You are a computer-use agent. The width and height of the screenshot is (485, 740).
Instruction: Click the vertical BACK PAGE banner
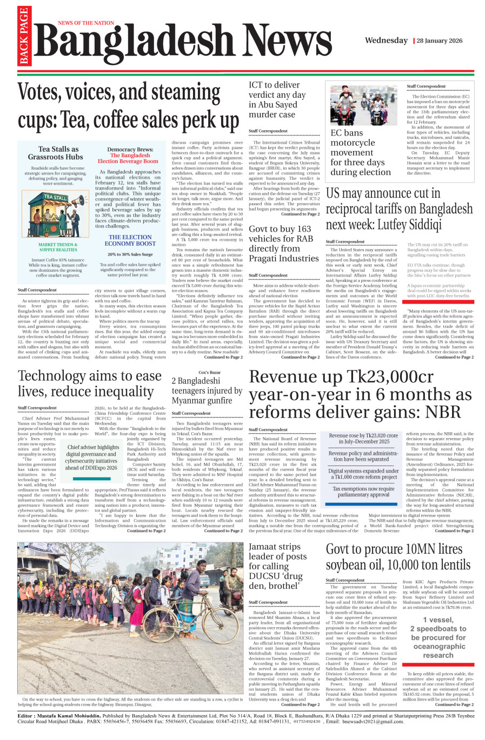point(24,36)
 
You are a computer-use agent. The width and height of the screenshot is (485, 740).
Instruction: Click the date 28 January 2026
point(440,41)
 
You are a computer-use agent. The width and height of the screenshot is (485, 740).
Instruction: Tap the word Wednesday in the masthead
point(386,41)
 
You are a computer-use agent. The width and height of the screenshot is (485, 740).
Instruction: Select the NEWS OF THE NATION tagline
point(86,23)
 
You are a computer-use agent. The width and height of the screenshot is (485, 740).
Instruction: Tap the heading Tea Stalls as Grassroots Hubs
point(56,153)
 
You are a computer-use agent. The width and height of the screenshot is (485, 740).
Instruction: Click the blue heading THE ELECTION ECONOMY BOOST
point(130,240)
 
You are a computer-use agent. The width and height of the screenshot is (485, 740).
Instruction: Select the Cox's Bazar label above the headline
point(209,372)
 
